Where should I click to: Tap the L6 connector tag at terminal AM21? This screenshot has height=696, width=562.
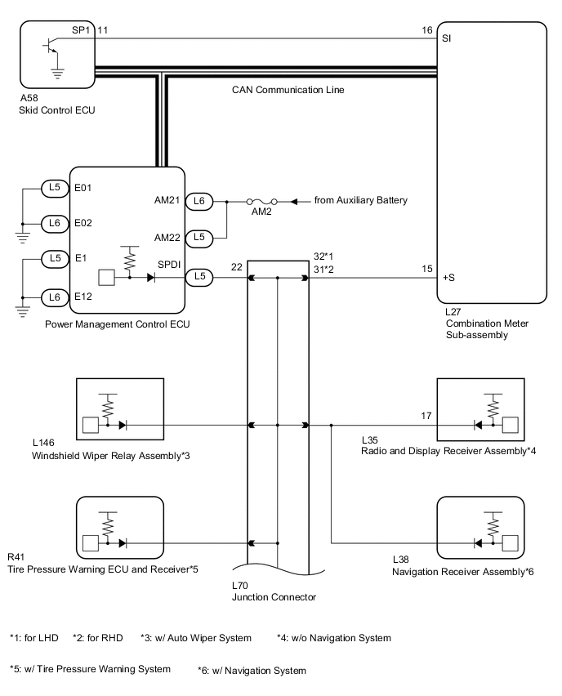coord(201,200)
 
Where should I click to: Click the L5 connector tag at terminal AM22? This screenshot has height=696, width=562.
coord(201,238)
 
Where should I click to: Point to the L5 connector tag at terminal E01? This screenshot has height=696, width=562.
coord(55,187)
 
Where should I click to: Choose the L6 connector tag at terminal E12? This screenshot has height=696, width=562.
coord(55,297)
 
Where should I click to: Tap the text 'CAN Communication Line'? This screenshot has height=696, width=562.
coord(288,90)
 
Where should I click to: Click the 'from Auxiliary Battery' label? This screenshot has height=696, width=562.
coord(360,200)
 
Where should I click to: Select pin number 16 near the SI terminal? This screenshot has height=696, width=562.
coord(426,30)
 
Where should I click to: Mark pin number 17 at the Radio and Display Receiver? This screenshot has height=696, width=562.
coord(426,416)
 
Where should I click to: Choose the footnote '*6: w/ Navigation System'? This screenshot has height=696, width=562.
coord(252,671)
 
